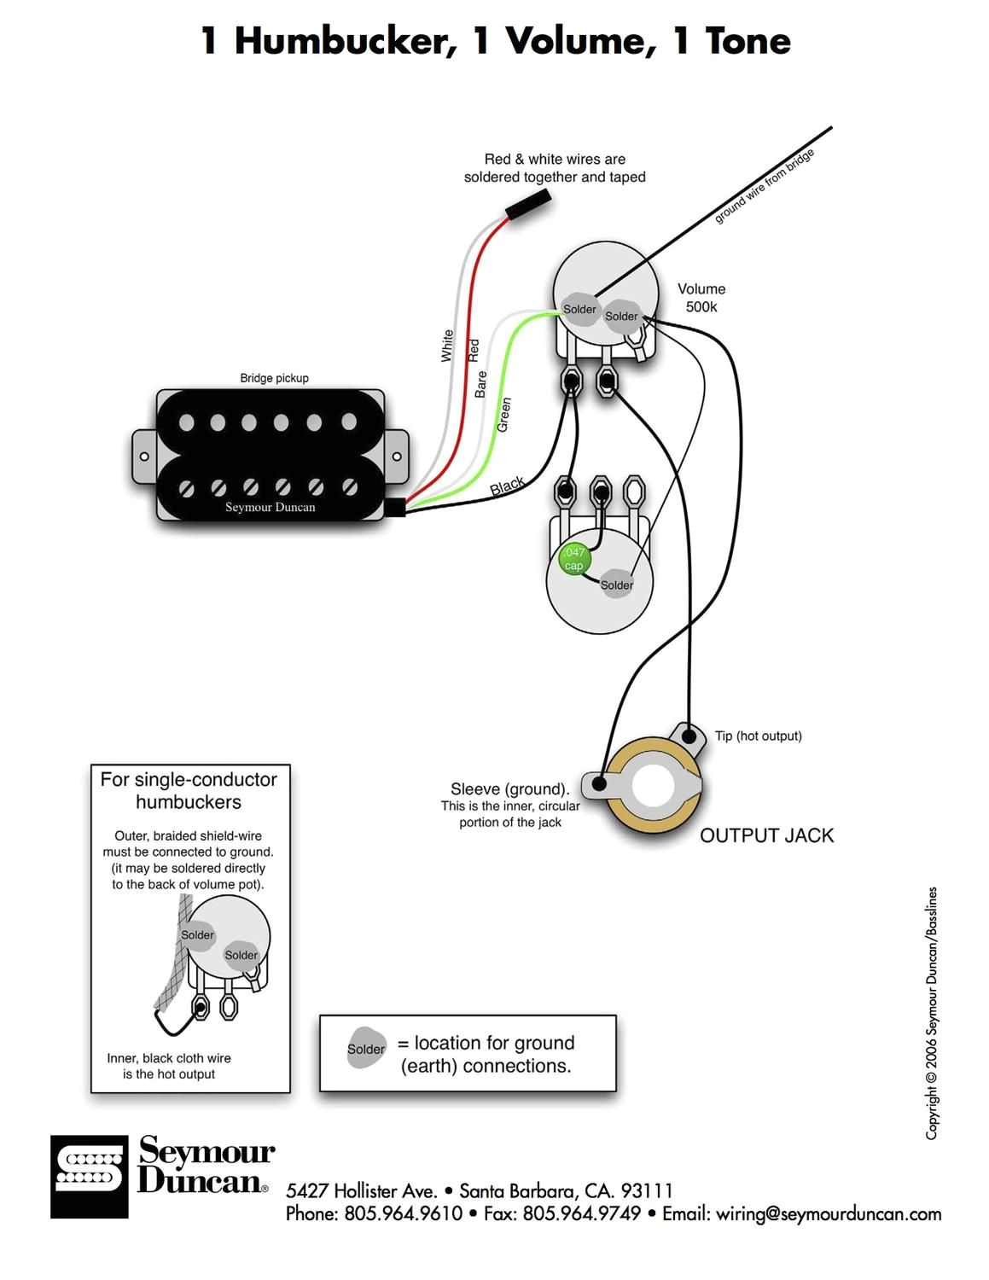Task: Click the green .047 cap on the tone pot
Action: [x=573, y=559]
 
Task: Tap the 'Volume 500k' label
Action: [x=701, y=298]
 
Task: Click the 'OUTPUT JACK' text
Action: [x=766, y=835]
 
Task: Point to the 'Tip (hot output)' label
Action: [x=758, y=736]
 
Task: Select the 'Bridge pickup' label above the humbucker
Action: [x=274, y=378]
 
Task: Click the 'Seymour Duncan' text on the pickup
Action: [x=270, y=507]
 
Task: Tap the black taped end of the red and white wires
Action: [x=528, y=206]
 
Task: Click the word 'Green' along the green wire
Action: [x=503, y=414]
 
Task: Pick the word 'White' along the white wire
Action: [x=447, y=346]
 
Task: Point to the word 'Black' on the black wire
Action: [x=507, y=486]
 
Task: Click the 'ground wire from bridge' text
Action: [x=765, y=186]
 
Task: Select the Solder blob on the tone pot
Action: [x=616, y=585]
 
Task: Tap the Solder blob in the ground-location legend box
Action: [x=366, y=1049]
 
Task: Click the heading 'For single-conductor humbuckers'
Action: [x=189, y=790]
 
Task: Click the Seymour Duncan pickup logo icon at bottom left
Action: [x=89, y=1176]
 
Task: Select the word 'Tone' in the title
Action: [x=748, y=40]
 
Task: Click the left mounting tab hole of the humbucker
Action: [x=144, y=457]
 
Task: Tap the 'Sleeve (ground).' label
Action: [x=509, y=788]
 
